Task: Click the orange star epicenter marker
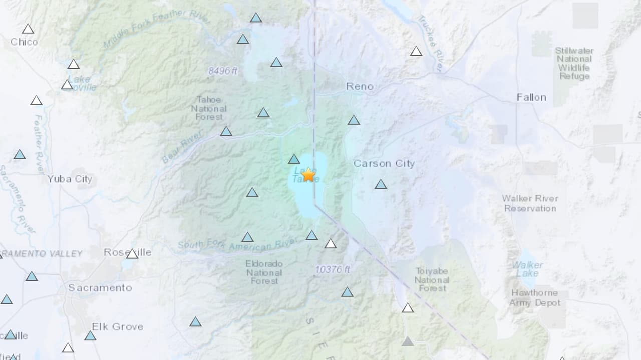[x=308, y=175]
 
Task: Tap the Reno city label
[x=360, y=86]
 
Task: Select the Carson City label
[x=384, y=163]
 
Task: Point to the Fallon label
[x=531, y=97]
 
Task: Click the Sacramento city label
[x=100, y=288]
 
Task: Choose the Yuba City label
[x=70, y=179]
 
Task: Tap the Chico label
[x=24, y=42]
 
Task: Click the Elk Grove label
[x=117, y=326]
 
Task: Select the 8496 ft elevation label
[x=223, y=71]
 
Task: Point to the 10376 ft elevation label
[x=333, y=269]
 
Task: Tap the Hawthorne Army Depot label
[x=535, y=298]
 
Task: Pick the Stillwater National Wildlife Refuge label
[x=574, y=63]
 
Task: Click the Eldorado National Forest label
[x=264, y=272]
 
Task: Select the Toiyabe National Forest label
[x=432, y=279]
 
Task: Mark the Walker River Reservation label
[x=530, y=203]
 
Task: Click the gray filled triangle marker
[x=408, y=341]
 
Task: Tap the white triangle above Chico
[x=28, y=29]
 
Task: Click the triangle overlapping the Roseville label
[x=132, y=254]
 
